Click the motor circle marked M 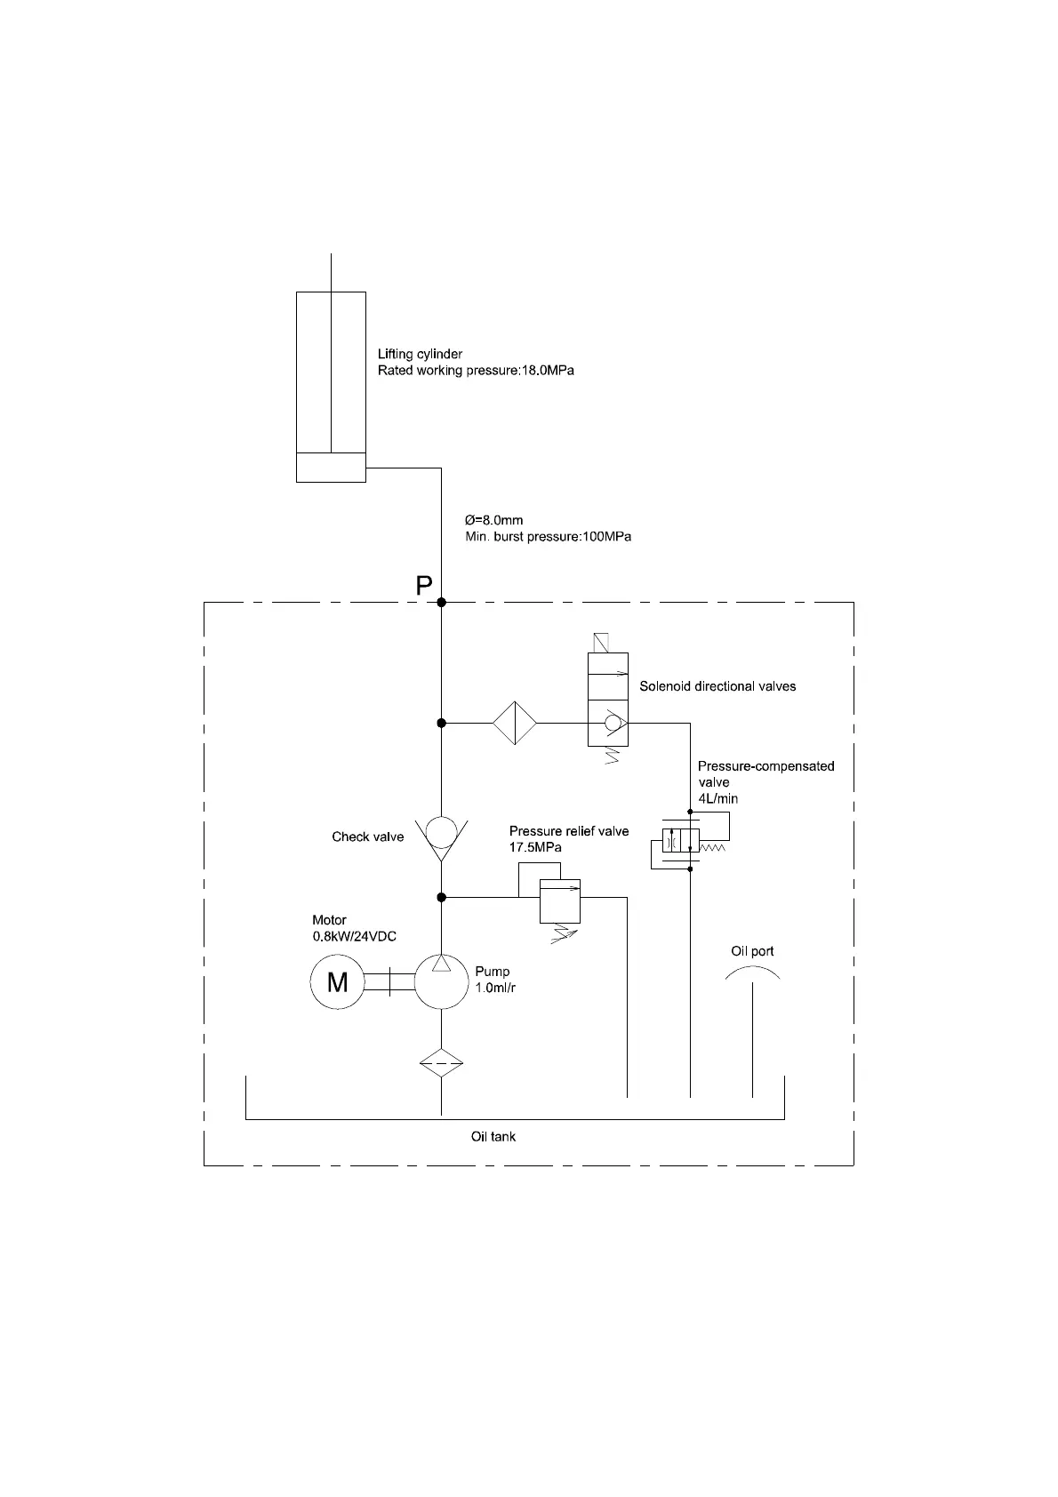coord(337,981)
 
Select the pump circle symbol coord(441,981)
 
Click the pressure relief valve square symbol coord(560,900)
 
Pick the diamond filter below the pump coord(441,1062)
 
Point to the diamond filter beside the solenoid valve coord(515,723)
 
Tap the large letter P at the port coord(424,586)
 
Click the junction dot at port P coord(441,603)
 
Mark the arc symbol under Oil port coord(752,974)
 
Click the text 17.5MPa coord(535,847)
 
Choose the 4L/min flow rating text coord(718,798)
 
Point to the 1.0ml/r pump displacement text coord(495,988)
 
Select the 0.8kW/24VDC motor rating coord(354,936)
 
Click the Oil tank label coord(493,1136)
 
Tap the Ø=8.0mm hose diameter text coord(494,520)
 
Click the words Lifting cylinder coord(420,354)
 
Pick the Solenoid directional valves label coord(717,686)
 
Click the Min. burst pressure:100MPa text coord(549,537)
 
